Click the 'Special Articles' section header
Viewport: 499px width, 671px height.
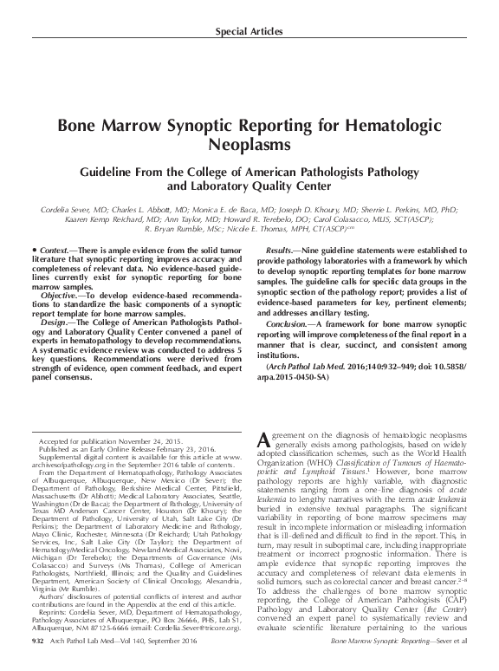click(x=249, y=32)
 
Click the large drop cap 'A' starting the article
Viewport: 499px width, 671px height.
click(x=265, y=440)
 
